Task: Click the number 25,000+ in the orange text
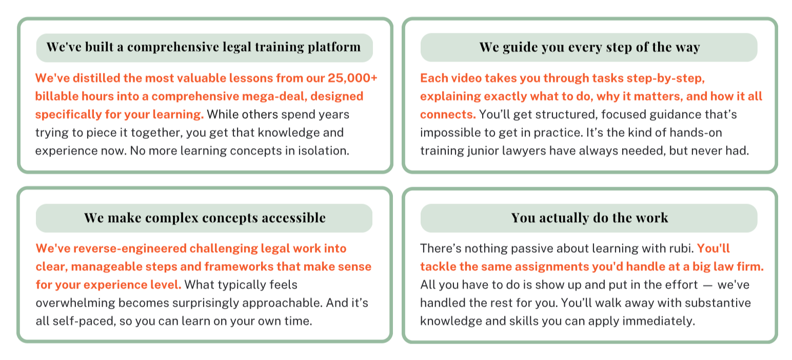tap(352, 78)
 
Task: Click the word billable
tap(56, 96)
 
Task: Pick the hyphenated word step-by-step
tap(665, 78)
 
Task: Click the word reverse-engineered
tap(130, 249)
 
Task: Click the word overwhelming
tap(75, 303)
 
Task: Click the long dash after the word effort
tap(707, 285)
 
